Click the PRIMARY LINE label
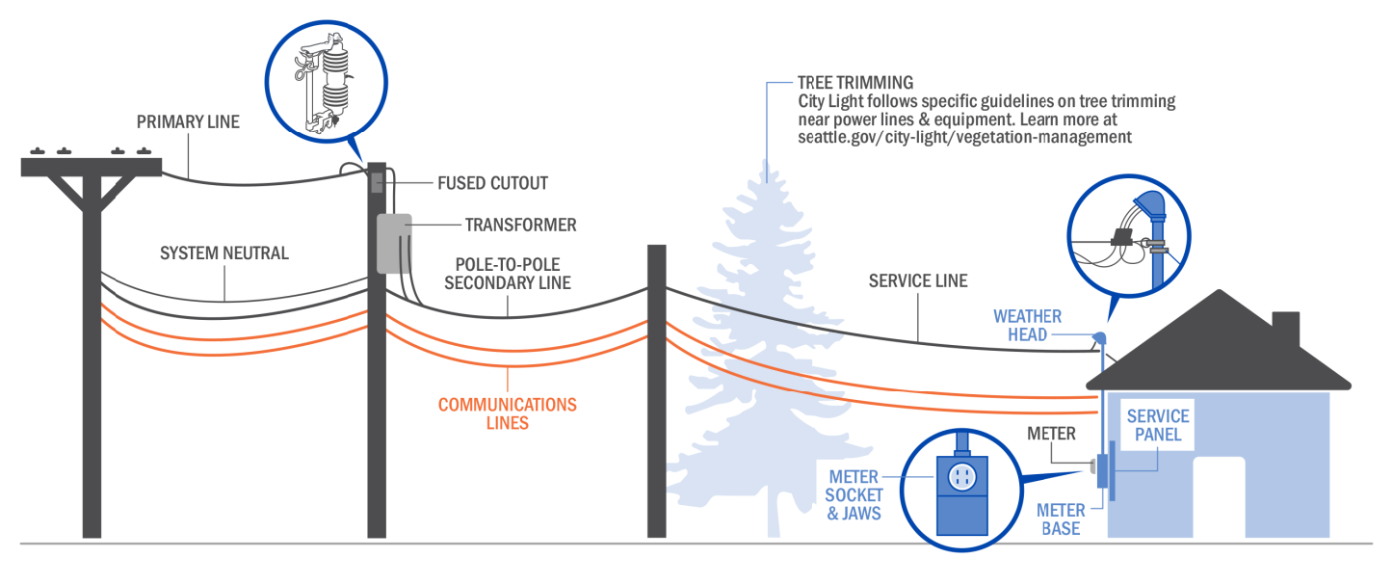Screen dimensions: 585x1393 (188, 122)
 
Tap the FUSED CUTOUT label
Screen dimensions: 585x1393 (492, 183)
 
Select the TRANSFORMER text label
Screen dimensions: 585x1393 (520, 226)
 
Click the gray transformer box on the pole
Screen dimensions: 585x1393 (393, 243)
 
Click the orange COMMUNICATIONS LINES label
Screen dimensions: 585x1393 (507, 413)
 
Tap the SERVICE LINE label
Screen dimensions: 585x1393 (917, 281)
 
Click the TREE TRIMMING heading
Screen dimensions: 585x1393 (855, 83)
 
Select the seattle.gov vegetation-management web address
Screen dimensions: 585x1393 (964, 137)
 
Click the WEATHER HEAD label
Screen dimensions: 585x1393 (1028, 326)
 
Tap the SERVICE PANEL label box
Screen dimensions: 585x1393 (1158, 425)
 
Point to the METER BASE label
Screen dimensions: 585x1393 (1060, 519)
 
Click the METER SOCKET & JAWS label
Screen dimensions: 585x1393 (854, 495)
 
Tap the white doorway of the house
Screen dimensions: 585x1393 (1219, 496)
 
